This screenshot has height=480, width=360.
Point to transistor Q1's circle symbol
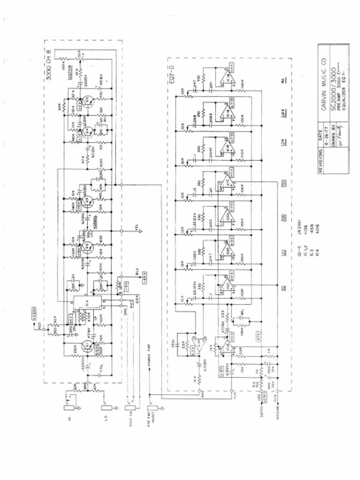tap(86, 346)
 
